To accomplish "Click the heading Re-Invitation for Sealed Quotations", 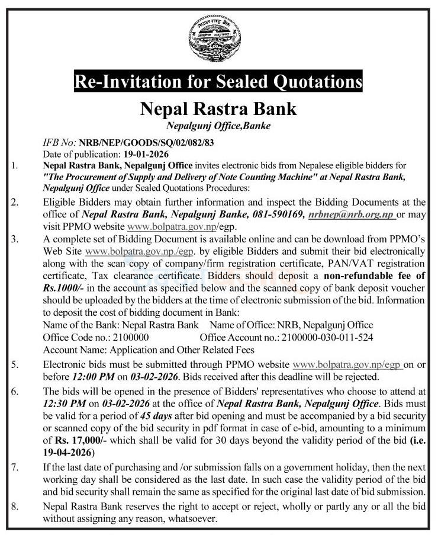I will click(x=218, y=81).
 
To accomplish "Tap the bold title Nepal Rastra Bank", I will click(x=218, y=109).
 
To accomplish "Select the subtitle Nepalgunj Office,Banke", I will click(x=218, y=125).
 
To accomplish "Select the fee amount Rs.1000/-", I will click(x=62, y=287).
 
